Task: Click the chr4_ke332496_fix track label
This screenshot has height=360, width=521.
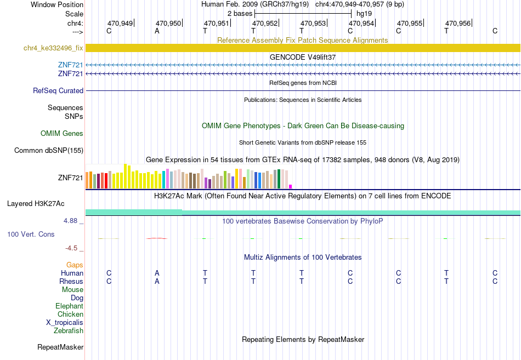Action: (53, 48)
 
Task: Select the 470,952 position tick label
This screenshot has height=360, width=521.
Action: (265, 23)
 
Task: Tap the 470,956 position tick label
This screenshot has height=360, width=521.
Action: (458, 23)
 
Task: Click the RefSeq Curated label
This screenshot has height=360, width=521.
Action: (58, 90)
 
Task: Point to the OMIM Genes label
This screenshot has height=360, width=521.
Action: (62, 134)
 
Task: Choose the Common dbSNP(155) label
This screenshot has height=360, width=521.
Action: (49, 151)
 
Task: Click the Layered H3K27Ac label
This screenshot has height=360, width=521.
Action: (36, 204)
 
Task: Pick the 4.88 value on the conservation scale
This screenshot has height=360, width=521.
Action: (70, 220)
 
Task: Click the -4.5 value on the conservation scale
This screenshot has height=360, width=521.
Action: (71, 248)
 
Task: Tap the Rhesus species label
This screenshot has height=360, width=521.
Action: (71, 281)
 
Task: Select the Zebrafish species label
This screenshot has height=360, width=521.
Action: (69, 331)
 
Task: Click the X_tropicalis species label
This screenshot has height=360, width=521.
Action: (65, 323)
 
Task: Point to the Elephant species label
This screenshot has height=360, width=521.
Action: (70, 306)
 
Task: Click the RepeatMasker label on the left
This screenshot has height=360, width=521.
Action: (60, 347)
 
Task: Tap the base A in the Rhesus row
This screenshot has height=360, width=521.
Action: (157, 281)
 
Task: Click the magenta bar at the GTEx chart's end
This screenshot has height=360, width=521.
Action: (291, 187)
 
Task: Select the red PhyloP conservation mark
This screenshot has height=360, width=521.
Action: (156, 238)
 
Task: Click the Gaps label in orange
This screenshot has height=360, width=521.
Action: (75, 265)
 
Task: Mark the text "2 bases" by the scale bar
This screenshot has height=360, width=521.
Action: (240, 14)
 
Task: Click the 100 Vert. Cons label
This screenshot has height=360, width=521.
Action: (31, 235)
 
